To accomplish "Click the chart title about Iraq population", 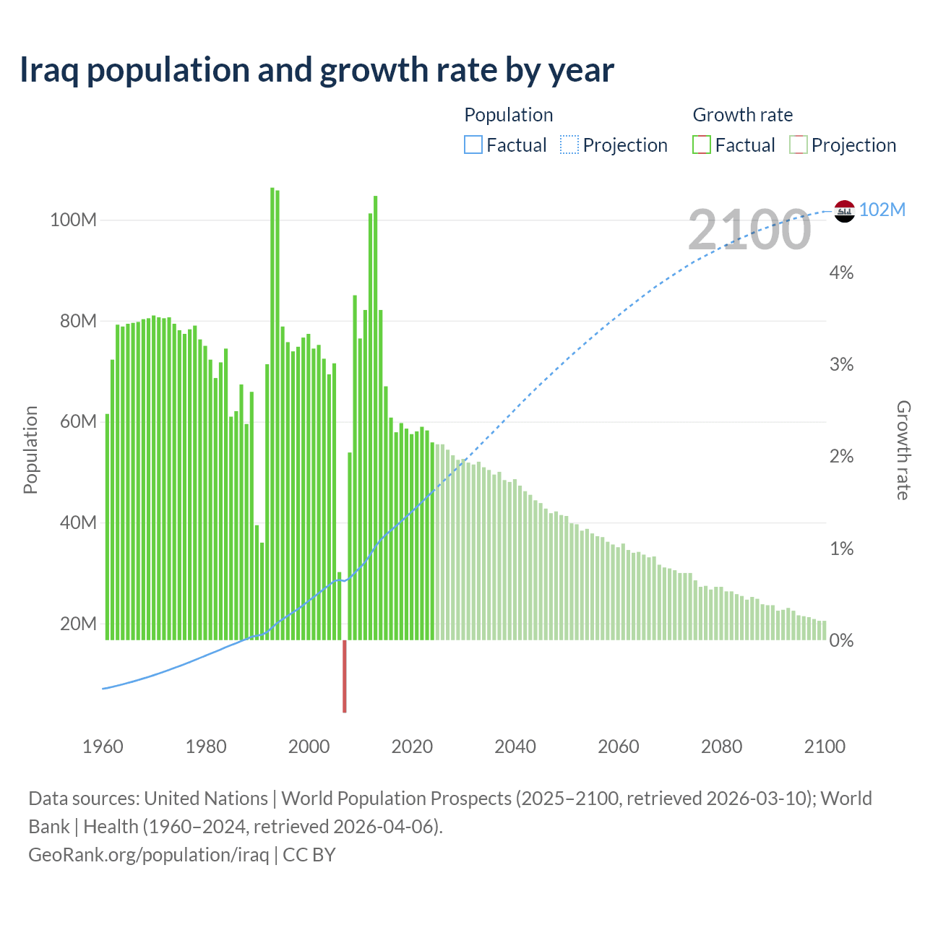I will click(317, 70).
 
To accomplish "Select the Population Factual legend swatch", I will click(473, 145).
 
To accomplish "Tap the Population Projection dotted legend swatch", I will click(569, 145).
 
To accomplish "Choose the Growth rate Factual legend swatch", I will click(701, 145).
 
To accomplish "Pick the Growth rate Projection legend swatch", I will click(798, 145).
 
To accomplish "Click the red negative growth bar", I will click(345, 676).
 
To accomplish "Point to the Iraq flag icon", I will click(844, 211).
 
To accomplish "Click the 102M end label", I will click(882, 210).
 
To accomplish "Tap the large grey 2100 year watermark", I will click(749, 230).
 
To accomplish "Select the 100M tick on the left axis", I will click(73, 220).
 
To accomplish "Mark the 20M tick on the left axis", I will click(77, 624).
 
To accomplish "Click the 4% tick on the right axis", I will click(841, 272).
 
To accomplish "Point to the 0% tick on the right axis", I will click(841, 640).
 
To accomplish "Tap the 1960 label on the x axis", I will click(103, 747).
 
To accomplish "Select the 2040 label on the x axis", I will click(515, 747).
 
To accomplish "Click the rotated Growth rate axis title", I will click(903, 450).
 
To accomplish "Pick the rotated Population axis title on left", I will click(30, 449).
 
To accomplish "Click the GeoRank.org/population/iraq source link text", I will click(148, 854).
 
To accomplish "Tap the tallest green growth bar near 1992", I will click(272, 412).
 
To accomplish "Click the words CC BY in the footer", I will click(309, 854).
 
